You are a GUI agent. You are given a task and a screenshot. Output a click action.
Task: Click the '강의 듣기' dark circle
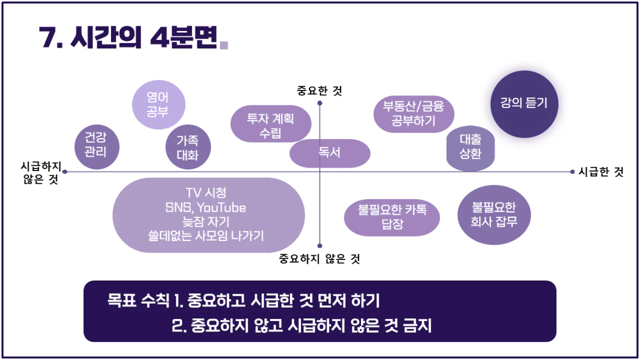(x=524, y=104)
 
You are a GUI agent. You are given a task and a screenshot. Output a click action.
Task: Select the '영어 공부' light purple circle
(x=158, y=105)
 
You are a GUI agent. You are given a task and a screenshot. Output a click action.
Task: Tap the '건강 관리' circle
(x=97, y=147)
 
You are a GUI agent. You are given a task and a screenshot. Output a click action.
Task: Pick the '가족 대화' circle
(x=188, y=147)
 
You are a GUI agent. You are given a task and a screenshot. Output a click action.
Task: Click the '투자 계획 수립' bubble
(x=271, y=124)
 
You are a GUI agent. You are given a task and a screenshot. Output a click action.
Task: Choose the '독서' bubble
(x=330, y=154)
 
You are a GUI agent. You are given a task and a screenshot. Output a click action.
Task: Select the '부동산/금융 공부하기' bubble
(x=414, y=114)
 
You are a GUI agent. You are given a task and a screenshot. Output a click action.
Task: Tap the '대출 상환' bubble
(x=471, y=148)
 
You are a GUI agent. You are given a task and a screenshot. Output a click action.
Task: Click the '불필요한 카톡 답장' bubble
(x=392, y=218)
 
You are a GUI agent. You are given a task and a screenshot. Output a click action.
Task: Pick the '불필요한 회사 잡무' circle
(x=494, y=215)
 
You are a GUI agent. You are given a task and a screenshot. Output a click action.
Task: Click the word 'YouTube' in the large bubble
(x=222, y=208)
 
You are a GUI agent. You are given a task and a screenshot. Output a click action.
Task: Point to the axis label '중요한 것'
(x=319, y=91)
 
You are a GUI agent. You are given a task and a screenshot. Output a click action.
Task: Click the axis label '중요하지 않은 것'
(x=319, y=259)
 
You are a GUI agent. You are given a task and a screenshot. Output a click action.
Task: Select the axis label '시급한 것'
(x=601, y=172)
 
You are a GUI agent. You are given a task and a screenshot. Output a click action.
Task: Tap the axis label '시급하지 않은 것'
(x=41, y=173)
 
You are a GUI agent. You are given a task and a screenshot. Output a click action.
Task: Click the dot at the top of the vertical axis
(x=320, y=103)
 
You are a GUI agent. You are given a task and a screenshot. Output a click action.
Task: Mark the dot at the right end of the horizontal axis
(x=572, y=172)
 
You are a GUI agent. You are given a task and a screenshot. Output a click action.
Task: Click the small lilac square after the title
(x=224, y=45)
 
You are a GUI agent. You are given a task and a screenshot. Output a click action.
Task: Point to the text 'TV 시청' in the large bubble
(x=206, y=193)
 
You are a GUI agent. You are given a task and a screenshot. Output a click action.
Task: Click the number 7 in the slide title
(x=47, y=37)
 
